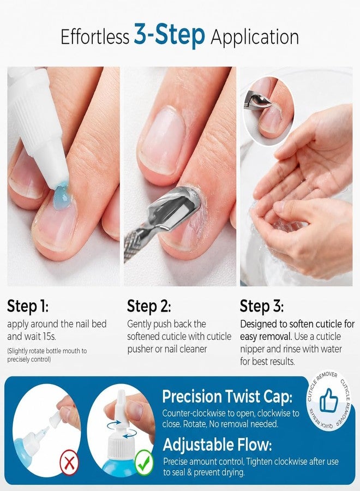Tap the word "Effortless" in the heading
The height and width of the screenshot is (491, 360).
(95, 37)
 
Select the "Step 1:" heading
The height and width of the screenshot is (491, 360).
(28, 306)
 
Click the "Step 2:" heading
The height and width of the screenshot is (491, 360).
(149, 306)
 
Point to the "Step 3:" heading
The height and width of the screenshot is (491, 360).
(262, 306)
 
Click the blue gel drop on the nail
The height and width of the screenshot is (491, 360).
(63, 196)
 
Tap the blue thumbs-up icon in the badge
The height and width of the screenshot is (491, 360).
(329, 401)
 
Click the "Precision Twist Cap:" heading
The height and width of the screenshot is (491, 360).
(227, 397)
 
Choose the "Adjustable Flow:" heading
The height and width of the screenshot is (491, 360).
(217, 445)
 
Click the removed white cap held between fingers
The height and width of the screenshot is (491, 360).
(58, 416)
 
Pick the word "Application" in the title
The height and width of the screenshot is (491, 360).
(255, 38)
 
